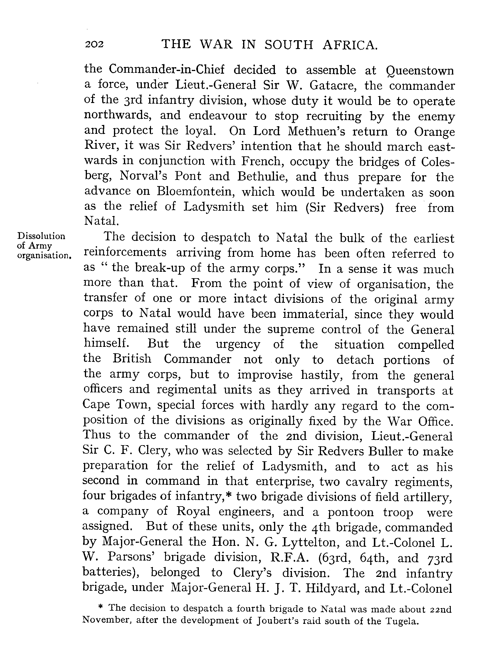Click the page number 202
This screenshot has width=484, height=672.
[94, 44]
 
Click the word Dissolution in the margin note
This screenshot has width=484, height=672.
[41, 236]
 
